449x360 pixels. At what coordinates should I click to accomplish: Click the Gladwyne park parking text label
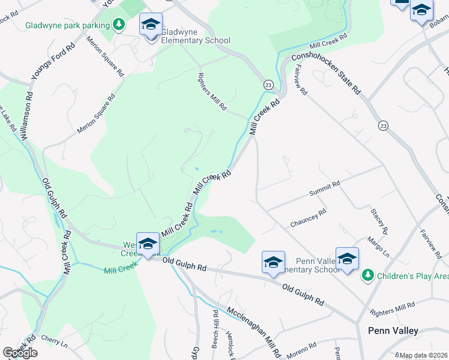(68, 25)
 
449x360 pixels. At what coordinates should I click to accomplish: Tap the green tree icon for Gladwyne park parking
(119, 25)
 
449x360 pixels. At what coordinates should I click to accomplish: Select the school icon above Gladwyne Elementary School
(151, 25)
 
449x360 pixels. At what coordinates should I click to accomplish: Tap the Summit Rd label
(324, 188)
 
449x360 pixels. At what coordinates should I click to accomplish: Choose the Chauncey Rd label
(308, 217)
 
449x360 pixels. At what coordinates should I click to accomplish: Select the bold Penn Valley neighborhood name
(393, 331)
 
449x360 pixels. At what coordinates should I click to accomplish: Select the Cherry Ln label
(55, 339)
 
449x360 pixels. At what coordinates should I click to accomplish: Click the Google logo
(20, 353)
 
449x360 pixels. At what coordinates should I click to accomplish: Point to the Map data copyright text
(423, 355)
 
